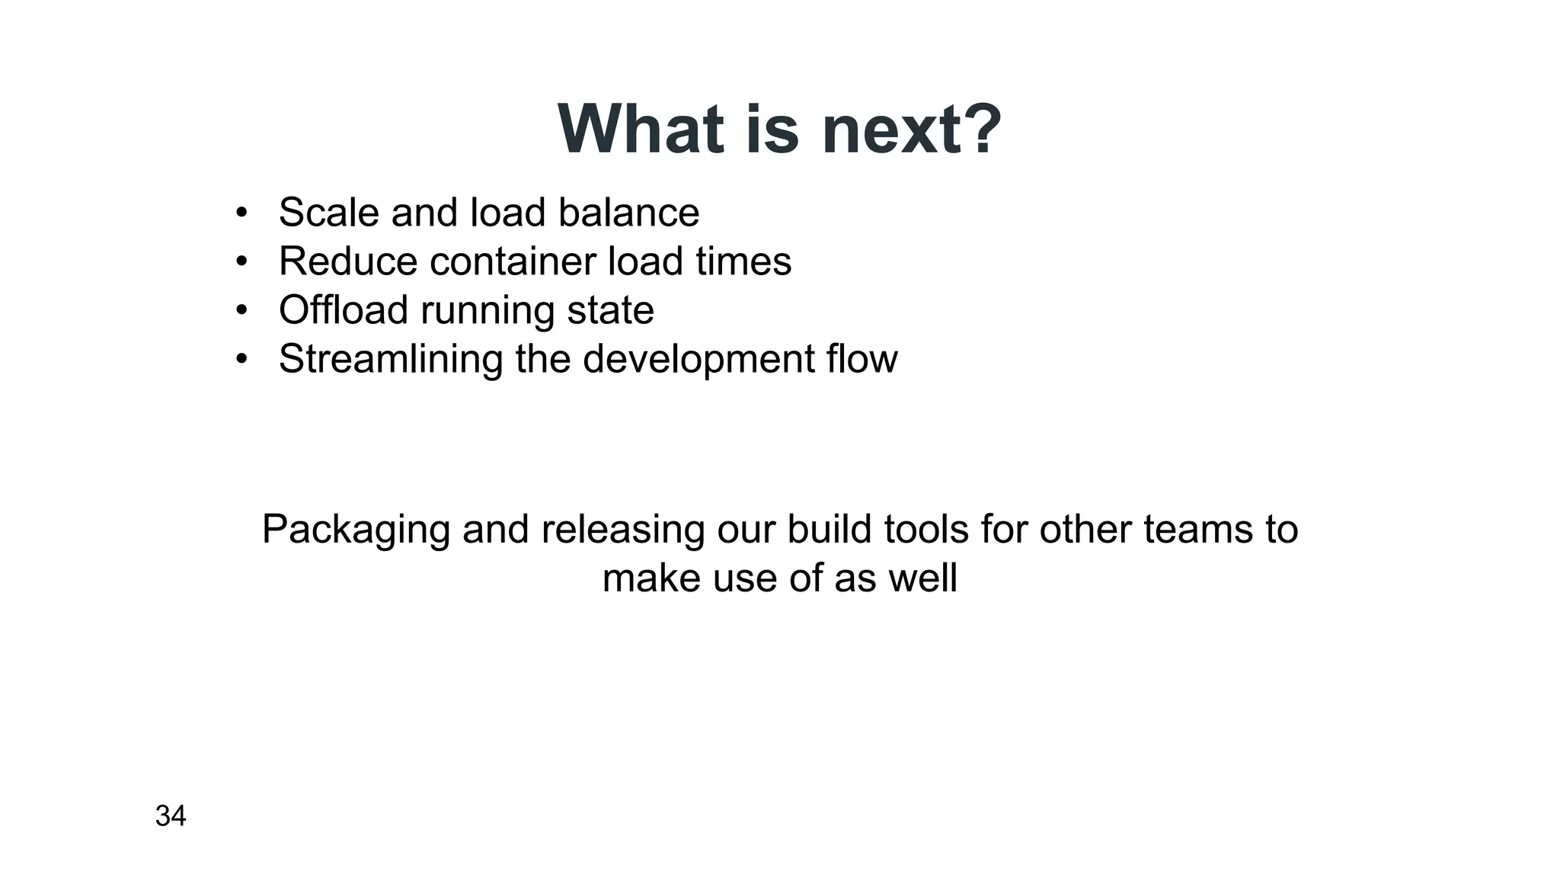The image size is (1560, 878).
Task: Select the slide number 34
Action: pyautogui.click(x=171, y=816)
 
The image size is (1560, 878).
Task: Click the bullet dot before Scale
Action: pyautogui.click(x=241, y=213)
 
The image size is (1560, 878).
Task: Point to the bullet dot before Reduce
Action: pyautogui.click(x=241, y=261)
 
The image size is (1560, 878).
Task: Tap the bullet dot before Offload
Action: pyautogui.click(x=241, y=310)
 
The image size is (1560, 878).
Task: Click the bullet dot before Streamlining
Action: pyautogui.click(x=241, y=359)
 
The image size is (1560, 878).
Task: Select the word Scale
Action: pyautogui.click(x=328, y=213)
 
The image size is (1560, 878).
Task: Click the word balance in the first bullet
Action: pyautogui.click(x=628, y=213)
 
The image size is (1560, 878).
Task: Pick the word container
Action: pyautogui.click(x=513, y=261)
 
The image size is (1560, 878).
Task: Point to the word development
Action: pyautogui.click(x=698, y=359)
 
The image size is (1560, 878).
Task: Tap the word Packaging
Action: pyautogui.click(x=356, y=530)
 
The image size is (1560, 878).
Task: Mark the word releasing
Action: pyautogui.click(x=622, y=530)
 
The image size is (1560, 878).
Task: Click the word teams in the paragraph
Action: pyautogui.click(x=1197, y=530)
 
